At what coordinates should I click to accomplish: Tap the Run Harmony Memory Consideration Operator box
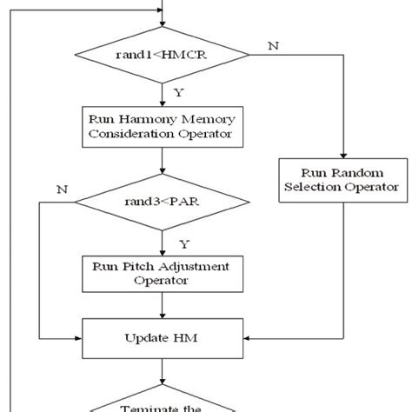pos(163,126)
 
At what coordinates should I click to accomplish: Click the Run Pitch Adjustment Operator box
pos(163,273)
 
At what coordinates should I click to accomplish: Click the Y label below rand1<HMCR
pos(179,90)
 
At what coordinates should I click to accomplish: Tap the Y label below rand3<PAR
pos(182,243)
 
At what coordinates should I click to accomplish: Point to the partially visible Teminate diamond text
pos(163,405)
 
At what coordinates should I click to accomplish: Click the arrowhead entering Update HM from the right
pos(249,336)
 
